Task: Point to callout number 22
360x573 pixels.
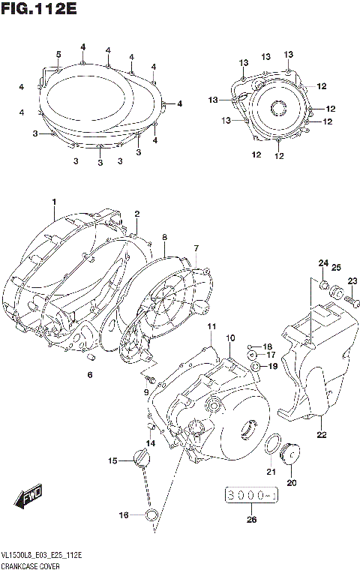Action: click(x=322, y=434)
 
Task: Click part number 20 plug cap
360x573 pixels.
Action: click(x=289, y=454)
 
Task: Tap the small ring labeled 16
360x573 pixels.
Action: click(x=151, y=514)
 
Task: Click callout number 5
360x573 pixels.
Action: click(x=58, y=53)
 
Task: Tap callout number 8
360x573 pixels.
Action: click(x=164, y=237)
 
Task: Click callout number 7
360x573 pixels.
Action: click(x=196, y=248)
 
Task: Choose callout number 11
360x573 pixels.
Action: click(x=212, y=327)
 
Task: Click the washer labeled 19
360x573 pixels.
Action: click(x=256, y=366)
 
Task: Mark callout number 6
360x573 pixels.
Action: click(x=89, y=375)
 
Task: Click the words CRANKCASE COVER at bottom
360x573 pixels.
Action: click(x=31, y=564)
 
